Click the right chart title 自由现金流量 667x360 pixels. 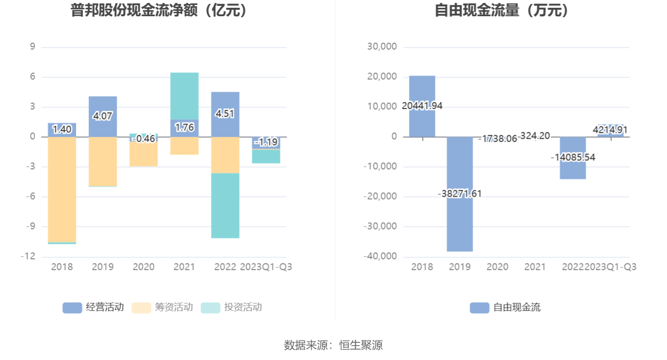pos(502,11)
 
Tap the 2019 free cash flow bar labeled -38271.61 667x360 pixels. pos(460,221)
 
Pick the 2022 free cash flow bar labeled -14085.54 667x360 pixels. pos(573,169)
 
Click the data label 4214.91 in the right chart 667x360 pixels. pos(610,130)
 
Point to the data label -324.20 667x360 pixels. pos(535,136)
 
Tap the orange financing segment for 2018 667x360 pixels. pos(62,189)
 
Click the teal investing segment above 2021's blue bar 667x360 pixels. pos(184,96)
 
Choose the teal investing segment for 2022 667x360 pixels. pos(225,206)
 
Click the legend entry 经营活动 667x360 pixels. pos(93,308)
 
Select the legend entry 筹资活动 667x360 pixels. pos(162,308)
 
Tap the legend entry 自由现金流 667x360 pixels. pos(505,308)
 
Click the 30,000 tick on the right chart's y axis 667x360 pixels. pos(382,47)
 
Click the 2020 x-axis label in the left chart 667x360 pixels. pos(143,267)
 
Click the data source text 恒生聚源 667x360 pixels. pos(361,345)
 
